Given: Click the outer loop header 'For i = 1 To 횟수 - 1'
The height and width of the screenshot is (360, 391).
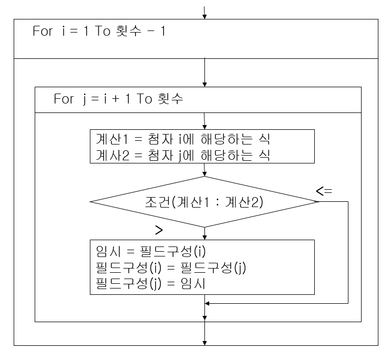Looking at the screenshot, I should tap(99, 31).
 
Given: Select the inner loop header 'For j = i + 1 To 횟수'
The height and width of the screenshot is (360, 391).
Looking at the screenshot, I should tap(118, 99).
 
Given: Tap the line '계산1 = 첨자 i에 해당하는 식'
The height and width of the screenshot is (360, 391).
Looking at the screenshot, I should tap(183, 140).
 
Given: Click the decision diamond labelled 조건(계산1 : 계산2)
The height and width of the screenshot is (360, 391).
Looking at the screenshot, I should tap(204, 202).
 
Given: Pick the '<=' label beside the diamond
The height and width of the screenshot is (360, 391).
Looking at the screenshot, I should tap(324, 191).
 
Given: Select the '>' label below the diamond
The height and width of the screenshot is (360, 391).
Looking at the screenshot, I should tap(159, 230).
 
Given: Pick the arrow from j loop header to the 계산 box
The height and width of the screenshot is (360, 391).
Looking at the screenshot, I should tap(204, 120).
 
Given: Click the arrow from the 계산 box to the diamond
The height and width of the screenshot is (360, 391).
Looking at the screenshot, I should tap(204, 170).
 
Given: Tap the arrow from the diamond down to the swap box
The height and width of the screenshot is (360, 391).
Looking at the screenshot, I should tap(204, 233).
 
